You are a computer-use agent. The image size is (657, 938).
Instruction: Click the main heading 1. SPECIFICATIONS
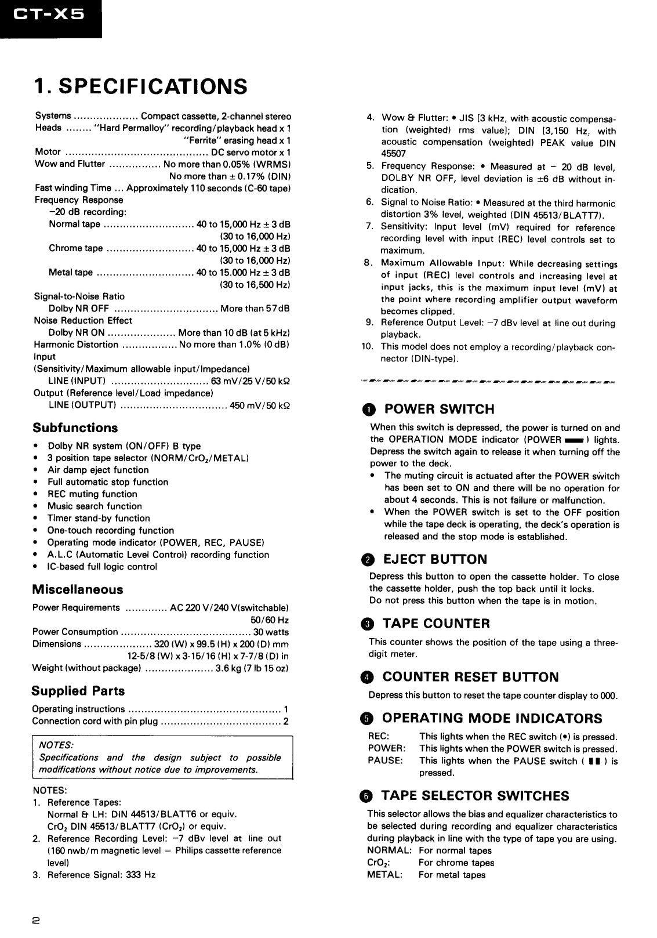[x=140, y=86]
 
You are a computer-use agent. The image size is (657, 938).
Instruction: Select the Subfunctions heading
[x=75, y=428]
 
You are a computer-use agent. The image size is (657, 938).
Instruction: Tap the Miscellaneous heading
[x=77, y=590]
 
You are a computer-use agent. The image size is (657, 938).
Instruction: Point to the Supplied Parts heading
[x=78, y=691]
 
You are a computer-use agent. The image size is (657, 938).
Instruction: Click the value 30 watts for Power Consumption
[x=270, y=632]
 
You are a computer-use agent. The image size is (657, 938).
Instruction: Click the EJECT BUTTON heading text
[x=435, y=560]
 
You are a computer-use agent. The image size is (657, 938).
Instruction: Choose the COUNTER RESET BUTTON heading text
[x=470, y=677]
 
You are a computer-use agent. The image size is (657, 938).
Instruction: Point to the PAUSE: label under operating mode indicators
[x=385, y=760]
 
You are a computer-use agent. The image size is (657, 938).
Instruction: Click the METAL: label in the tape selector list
[x=384, y=875]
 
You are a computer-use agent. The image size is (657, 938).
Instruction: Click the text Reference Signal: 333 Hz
[x=101, y=875]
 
